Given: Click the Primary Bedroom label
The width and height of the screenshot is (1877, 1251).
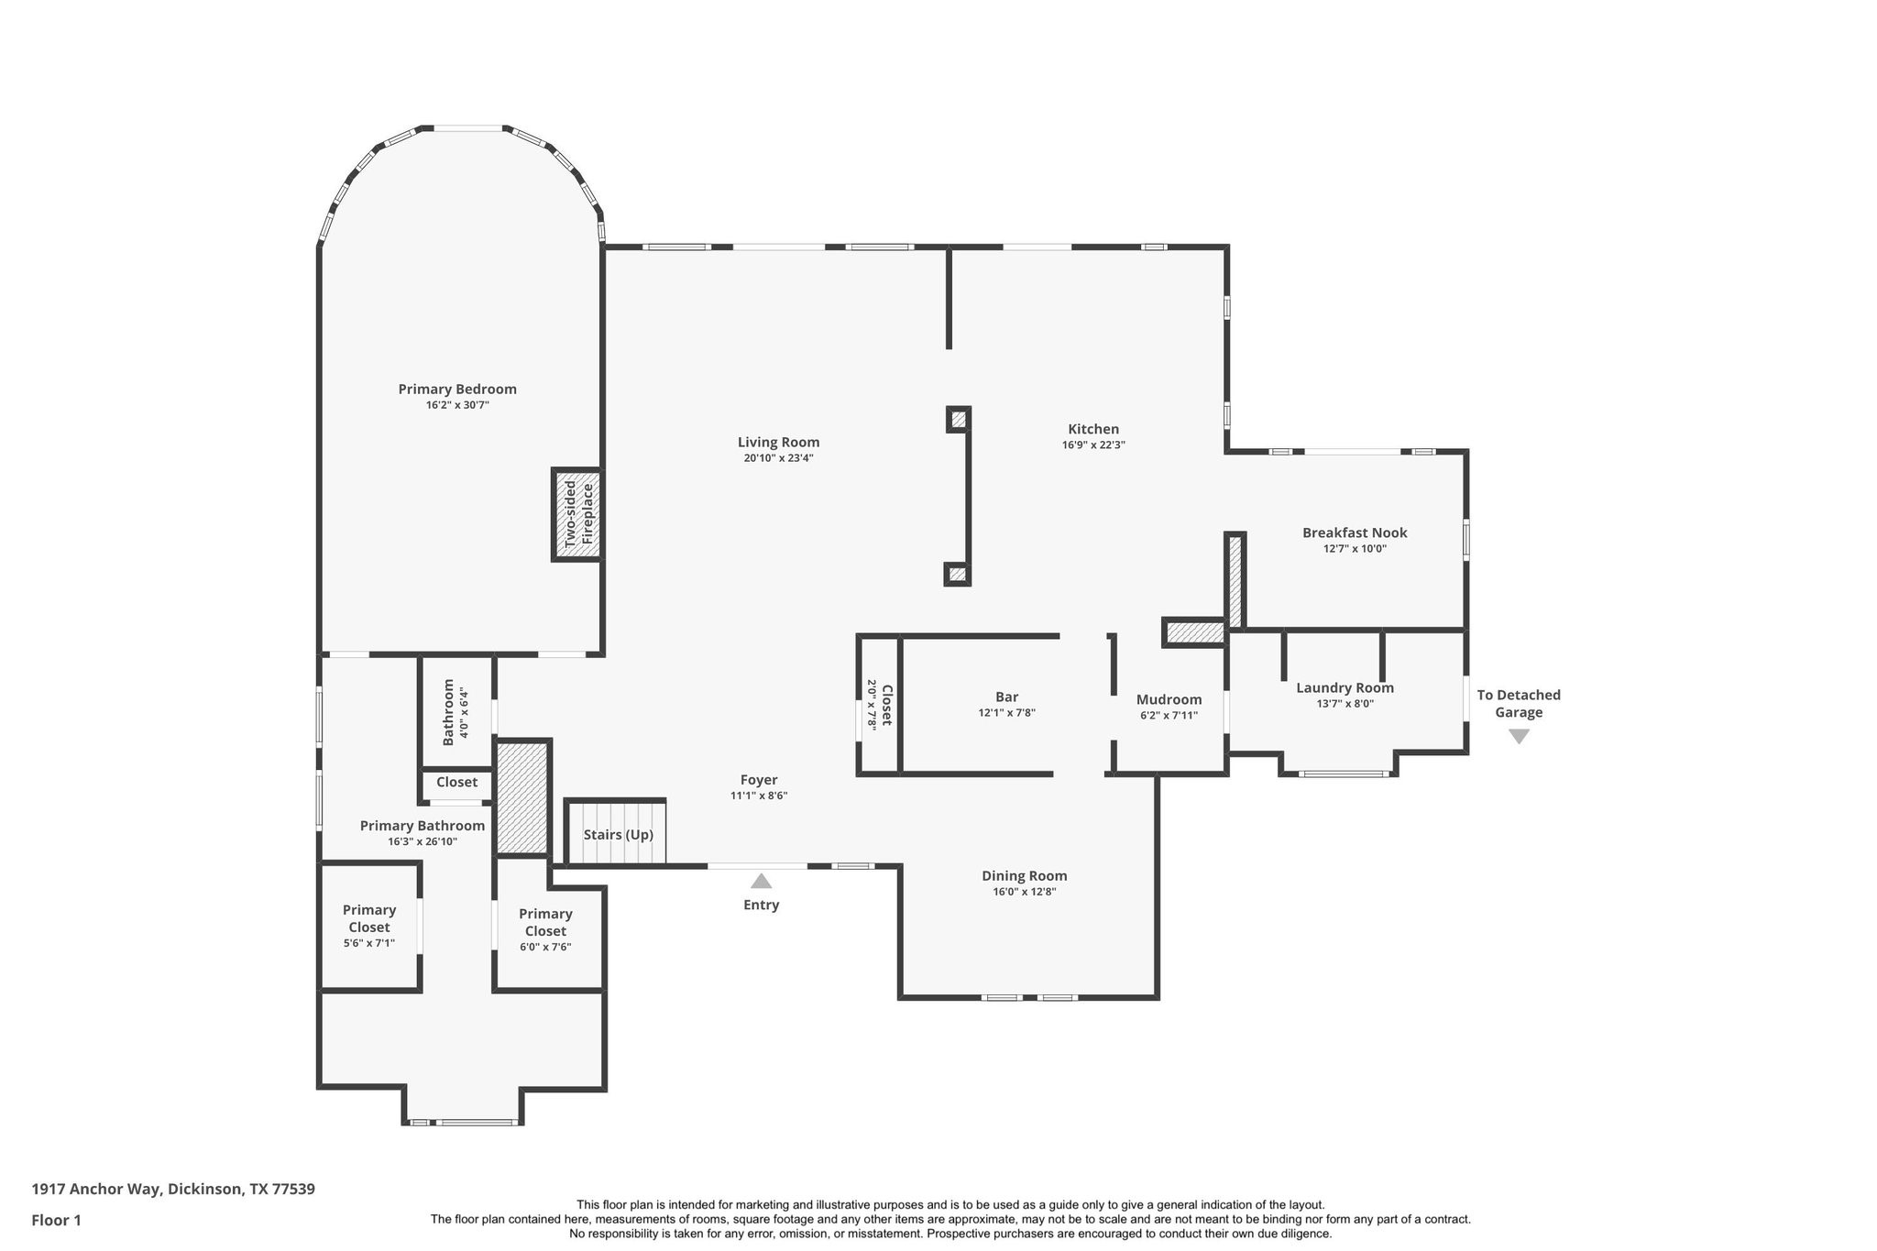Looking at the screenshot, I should coord(457,390).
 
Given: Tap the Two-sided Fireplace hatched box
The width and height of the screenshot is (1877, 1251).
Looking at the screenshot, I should coord(577,514).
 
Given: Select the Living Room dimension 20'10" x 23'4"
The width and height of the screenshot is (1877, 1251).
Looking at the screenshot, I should coord(778,458).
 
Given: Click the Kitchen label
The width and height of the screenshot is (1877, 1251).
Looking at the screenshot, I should coord(1093,429).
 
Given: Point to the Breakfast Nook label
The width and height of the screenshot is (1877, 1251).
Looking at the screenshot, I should coord(1355,532).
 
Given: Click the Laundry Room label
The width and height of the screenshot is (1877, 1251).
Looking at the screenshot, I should coord(1345,688).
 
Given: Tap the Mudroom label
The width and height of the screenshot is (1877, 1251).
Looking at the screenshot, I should coord(1169,699).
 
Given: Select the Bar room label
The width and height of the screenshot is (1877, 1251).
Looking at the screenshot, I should coord(1006,697).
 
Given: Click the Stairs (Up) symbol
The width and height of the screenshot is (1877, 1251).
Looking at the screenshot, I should coord(617,834).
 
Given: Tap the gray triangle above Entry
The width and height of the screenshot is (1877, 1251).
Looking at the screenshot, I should coord(761,882).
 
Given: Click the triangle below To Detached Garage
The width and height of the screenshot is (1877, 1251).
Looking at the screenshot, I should coord(1519,736).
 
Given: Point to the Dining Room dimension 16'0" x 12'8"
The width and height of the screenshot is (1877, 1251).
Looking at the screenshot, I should coord(1024,892).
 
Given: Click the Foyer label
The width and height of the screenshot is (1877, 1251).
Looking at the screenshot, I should coord(759,780).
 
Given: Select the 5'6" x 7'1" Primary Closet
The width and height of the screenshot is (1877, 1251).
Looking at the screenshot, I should coord(369,926).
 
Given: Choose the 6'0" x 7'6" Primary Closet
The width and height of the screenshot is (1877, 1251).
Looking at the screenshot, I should coord(545,929).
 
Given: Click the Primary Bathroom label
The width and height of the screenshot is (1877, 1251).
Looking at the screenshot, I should coord(422,826).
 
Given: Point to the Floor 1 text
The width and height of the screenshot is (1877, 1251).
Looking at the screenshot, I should coord(56,1220).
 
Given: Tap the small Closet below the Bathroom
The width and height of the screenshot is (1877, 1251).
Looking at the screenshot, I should coord(456,783).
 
